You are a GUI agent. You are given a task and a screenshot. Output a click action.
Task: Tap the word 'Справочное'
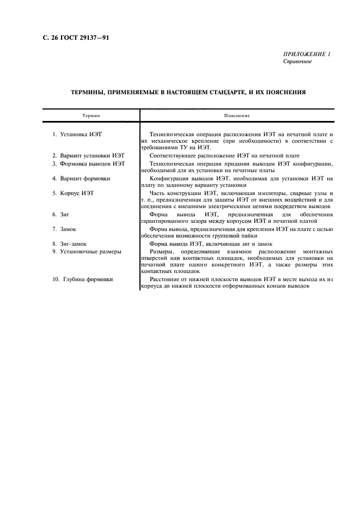click(x=297, y=62)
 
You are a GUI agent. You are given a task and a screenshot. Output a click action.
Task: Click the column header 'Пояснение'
click(x=237, y=116)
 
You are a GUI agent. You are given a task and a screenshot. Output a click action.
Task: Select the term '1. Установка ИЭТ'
click(x=77, y=133)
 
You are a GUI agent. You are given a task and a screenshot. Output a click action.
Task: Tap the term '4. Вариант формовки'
click(x=81, y=178)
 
